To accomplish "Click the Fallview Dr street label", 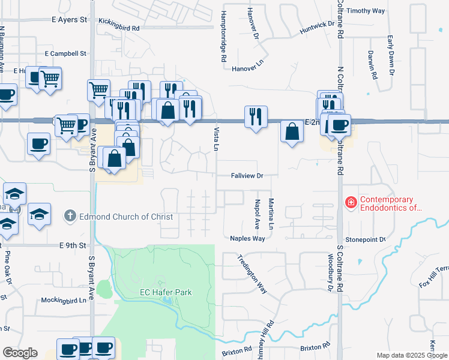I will pyautogui.click(x=247, y=176).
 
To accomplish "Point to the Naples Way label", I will pyautogui.click(x=247, y=238).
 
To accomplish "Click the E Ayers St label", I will pyautogui.click(x=69, y=20).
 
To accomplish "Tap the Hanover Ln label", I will pyautogui.click(x=247, y=69).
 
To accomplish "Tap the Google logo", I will pyautogui.click(x=20, y=353).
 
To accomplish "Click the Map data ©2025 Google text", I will pyautogui.click(x=411, y=355).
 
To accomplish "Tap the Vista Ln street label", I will pyautogui.click(x=215, y=139).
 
